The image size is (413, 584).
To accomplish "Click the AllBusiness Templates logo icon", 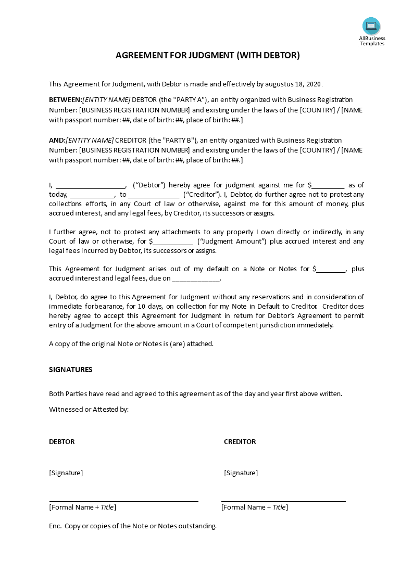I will point(371,26).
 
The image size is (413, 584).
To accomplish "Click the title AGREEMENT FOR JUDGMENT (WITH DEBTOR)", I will point(207,55).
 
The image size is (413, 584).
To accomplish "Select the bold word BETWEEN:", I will point(65,99).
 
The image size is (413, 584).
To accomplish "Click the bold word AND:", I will point(57,140).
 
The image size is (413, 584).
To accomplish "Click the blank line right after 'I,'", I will point(90,186).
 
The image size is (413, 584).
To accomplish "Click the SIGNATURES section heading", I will point(71,370).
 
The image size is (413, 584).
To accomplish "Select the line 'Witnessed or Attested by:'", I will point(89,409).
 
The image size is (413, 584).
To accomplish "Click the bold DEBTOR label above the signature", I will point(62,441).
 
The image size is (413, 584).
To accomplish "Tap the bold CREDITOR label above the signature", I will point(240,441).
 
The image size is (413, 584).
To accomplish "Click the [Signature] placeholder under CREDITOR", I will point(241,473).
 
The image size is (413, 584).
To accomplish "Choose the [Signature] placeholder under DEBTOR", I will point(66,473).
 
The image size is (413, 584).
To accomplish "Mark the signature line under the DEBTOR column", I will point(123,501).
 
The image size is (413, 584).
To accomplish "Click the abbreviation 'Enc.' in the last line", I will point(55,526).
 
